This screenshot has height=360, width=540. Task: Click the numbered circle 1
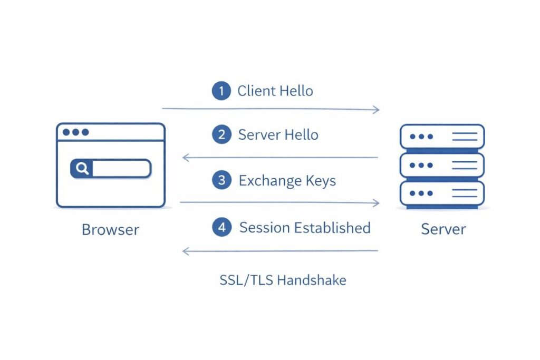(x=221, y=91)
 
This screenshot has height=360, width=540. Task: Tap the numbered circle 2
(x=221, y=134)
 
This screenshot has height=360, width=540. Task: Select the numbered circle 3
(x=221, y=181)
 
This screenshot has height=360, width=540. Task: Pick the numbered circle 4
(x=221, y=227)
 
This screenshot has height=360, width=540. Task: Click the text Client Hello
(x=275, y=91)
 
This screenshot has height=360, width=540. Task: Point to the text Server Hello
(x=278, y=134)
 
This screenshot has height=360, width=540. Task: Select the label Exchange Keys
(x=287, y=181)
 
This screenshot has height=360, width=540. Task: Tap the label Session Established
(x=305, y=227)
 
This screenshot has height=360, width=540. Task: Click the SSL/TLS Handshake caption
(x=283, y=280)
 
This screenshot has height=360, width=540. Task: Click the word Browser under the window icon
(x=110, y=230)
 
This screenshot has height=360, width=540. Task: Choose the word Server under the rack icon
(x=443, y=229)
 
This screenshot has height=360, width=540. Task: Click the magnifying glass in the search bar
(x=82, y=169)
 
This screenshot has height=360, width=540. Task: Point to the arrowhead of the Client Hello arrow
(x=377, y=110)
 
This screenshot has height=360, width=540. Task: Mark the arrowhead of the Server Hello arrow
(x=185, y=157)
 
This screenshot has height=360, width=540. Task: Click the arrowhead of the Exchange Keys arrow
(x=377, y=203)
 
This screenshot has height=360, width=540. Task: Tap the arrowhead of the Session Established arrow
(x=185, y=251)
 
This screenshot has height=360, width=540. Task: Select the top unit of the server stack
(x=442, y=137)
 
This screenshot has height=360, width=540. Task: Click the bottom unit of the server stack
(x=442, y=193)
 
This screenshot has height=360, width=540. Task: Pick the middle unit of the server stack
(x=442, y=165)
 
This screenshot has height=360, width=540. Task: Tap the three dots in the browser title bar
(x=75, y=132)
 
